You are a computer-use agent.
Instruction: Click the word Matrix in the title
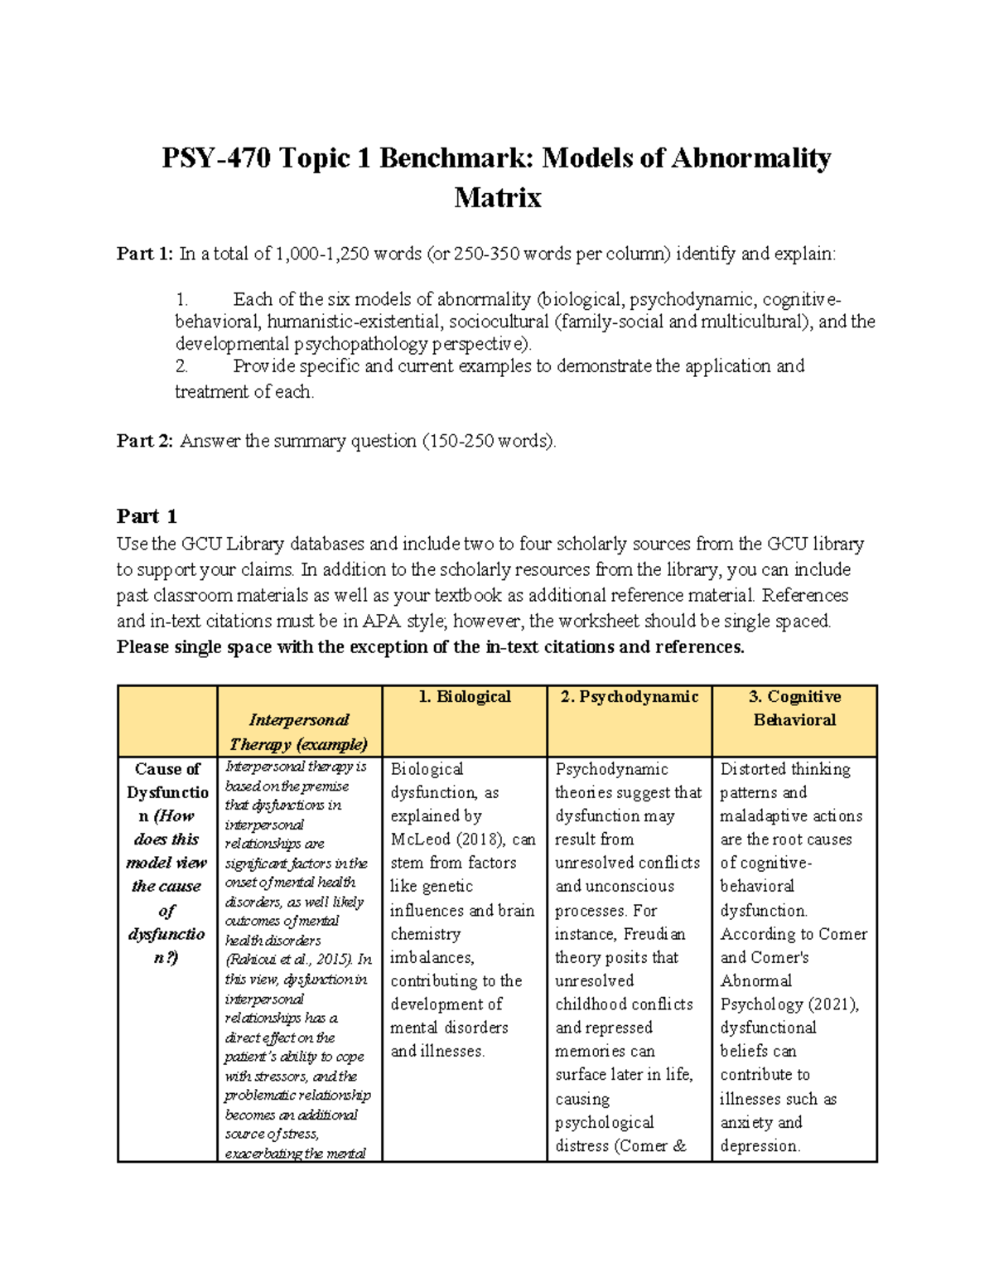[497, 198]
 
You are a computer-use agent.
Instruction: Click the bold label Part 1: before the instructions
[145, 254]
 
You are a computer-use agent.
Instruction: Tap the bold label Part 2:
[145, 441]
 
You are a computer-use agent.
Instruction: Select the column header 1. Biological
[465, 697]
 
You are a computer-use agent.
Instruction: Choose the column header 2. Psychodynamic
[630, 697]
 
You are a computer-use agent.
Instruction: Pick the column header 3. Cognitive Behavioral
[794, 709]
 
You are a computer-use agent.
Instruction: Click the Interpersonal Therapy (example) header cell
[299, 732]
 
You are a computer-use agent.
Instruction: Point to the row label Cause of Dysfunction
[167, 792]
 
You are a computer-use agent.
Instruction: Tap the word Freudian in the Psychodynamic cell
[654, 934]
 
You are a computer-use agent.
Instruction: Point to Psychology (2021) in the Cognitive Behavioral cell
[789, 1004]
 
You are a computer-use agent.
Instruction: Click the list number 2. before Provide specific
[182, 366]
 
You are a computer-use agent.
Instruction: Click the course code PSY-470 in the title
[215, 157]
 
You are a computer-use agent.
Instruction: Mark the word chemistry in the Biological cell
[425, 934]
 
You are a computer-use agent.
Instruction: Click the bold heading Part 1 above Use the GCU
[147, 516]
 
